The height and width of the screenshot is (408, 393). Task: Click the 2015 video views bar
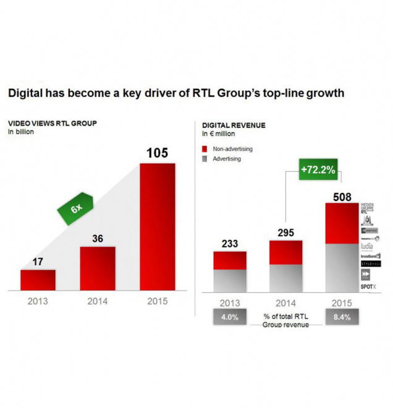coord(158,227)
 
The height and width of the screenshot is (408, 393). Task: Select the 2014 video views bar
coord(98,268)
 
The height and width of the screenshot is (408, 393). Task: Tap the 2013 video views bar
coord(38,280)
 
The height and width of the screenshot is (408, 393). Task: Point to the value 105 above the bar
coord(158,153)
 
